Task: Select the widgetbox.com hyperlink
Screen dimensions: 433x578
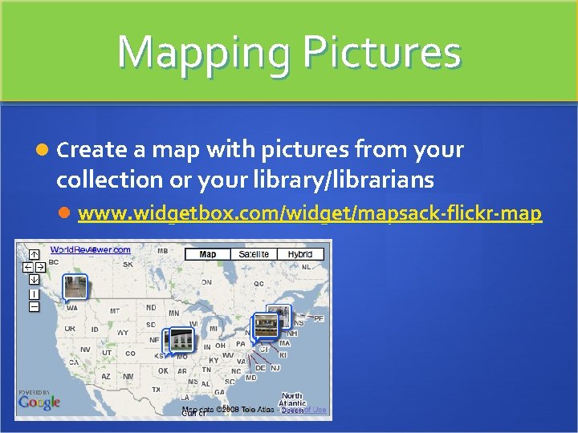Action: click(310, 214)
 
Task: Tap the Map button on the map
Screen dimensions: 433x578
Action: click(207, 254)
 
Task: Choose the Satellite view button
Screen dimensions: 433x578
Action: click(254, 254)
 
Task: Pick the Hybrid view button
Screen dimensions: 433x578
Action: click(300, 254)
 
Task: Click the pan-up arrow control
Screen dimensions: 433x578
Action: click(35, 253)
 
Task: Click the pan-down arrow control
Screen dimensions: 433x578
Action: click(35, 279)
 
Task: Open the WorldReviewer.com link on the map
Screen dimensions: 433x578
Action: click(91, 250)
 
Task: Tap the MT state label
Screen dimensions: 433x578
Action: click(115, 311)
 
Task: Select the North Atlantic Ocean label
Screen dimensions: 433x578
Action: click(292, 400)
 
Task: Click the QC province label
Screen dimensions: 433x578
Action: click(259, 283)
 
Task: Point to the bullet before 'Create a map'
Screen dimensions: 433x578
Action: click(43, 150)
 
